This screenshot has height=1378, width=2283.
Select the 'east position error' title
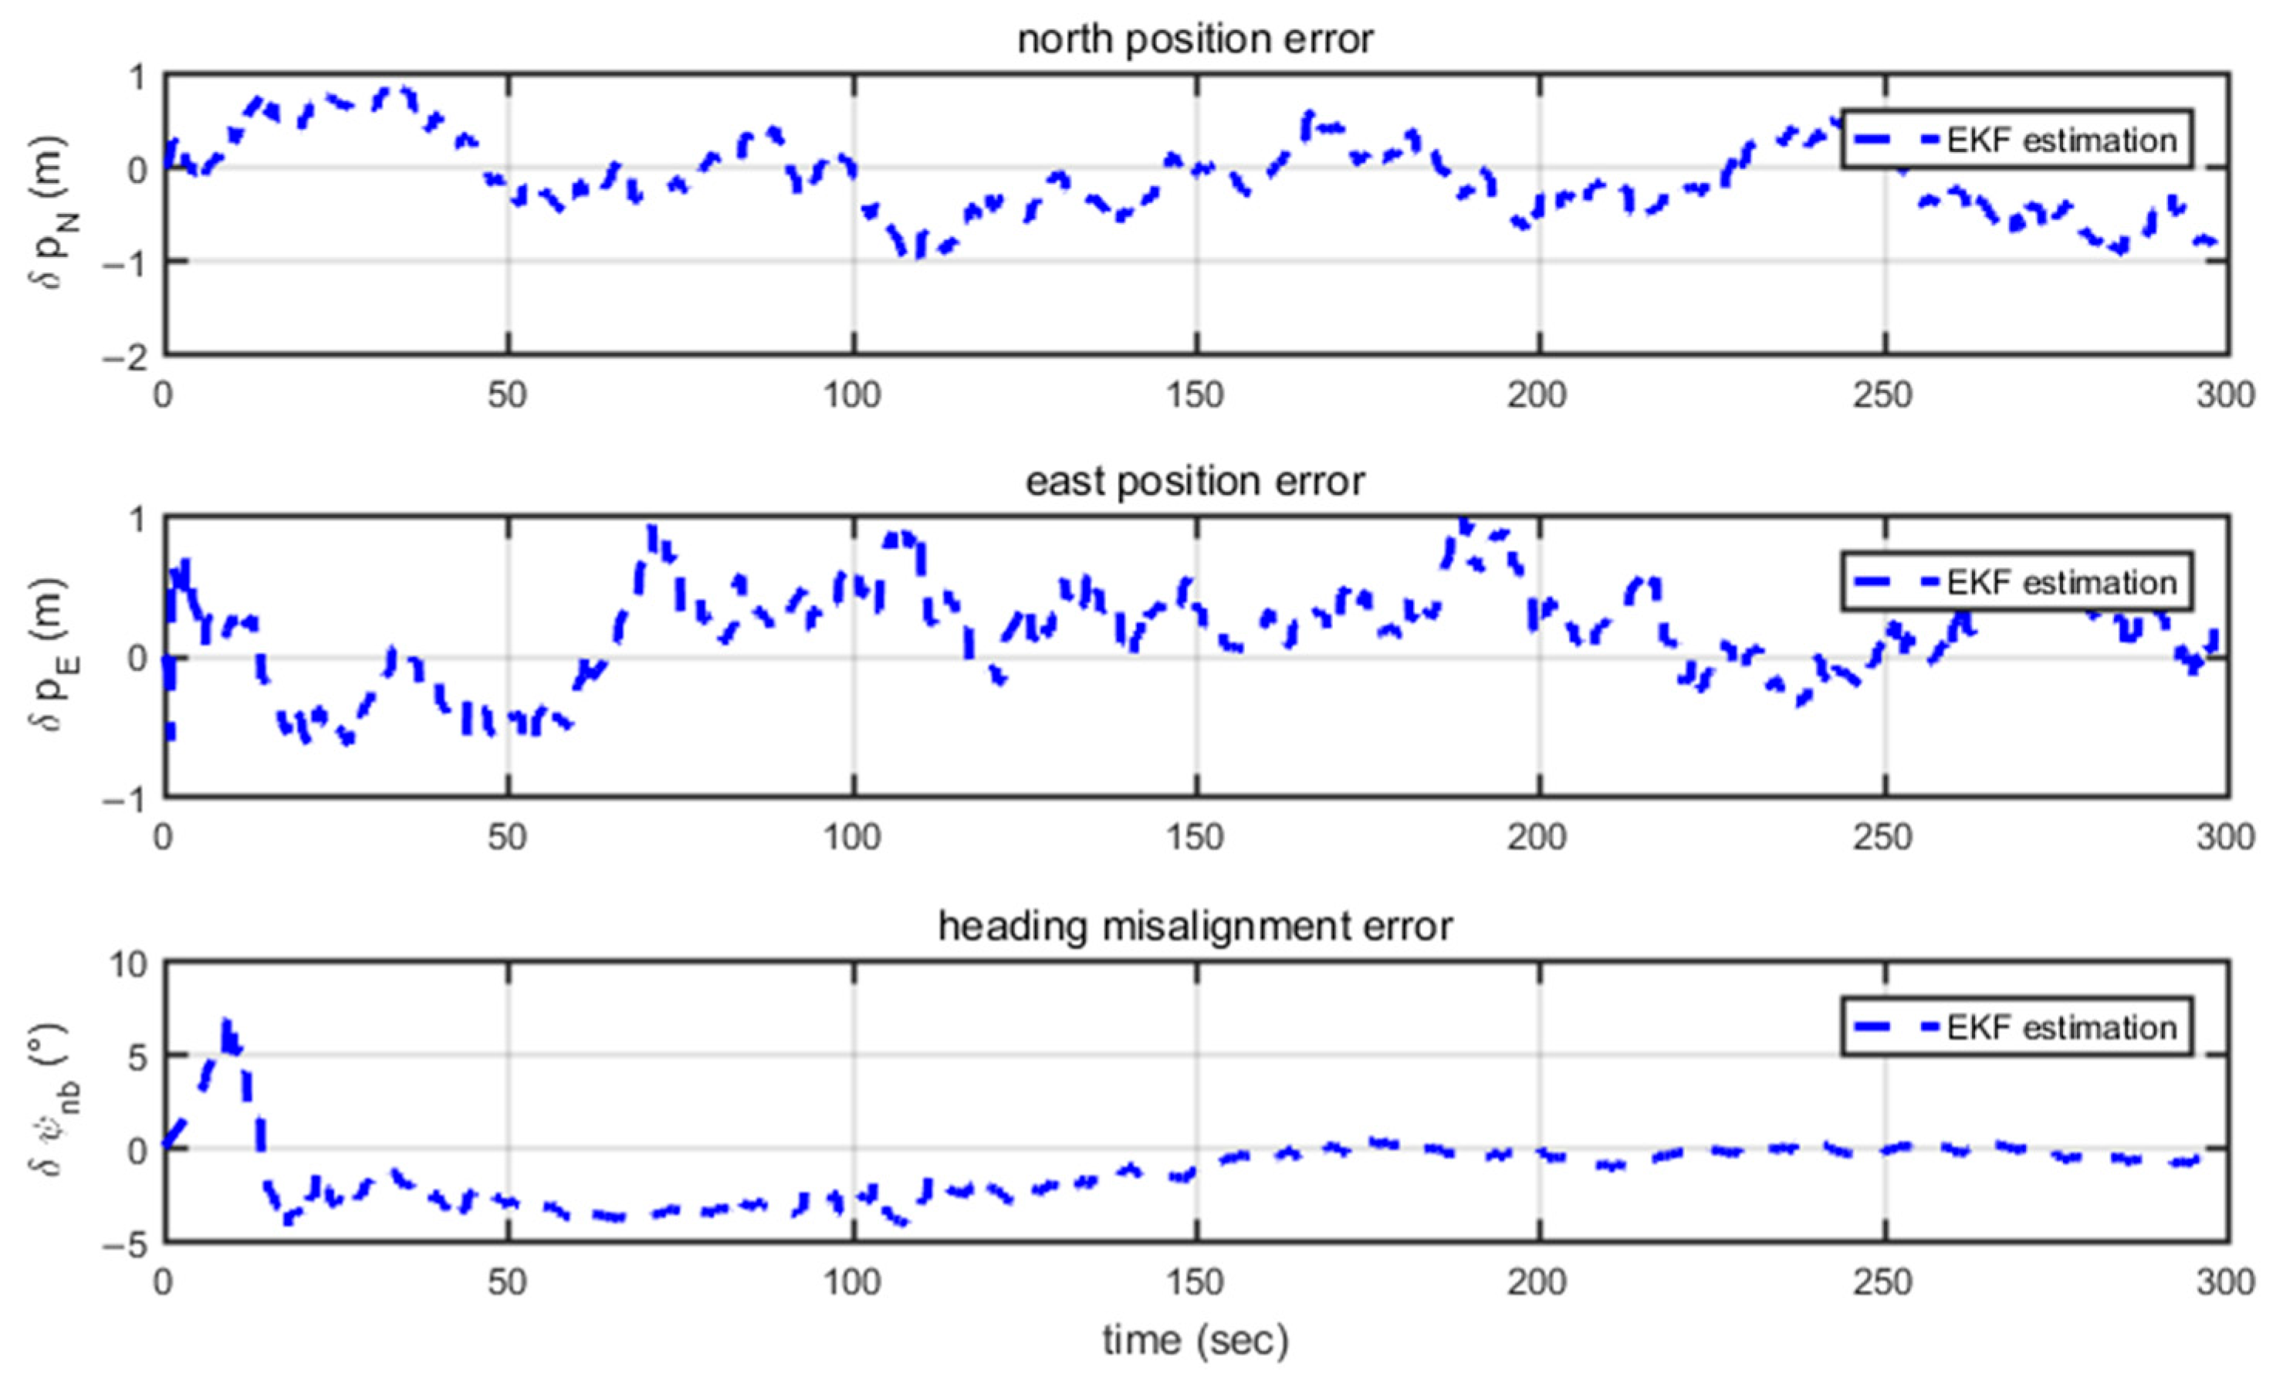(1196, 482)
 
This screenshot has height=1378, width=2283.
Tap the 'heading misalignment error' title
(1196, 926)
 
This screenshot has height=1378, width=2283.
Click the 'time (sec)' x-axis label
(1196, 1340)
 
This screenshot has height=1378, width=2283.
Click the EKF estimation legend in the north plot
(2016, 140)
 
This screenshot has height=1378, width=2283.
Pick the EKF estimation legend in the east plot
(2016, 582)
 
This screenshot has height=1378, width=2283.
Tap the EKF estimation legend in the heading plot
(2016, 1027)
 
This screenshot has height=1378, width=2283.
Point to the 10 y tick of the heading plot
(128, 965)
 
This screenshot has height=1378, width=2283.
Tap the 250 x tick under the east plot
(1884, 838)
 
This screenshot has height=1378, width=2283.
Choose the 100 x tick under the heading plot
(851, 1282)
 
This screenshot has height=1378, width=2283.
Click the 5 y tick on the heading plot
(136, 1056)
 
